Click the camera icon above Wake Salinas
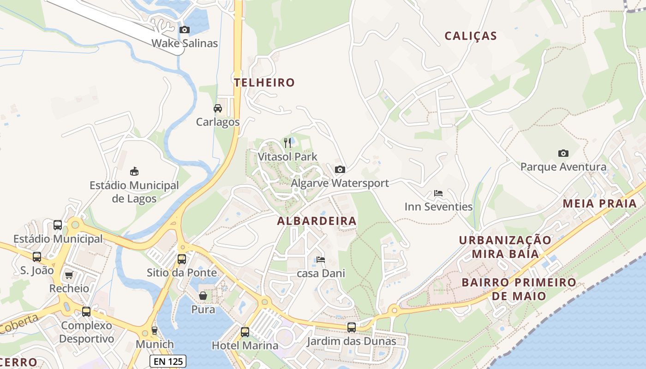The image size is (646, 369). coord(185,30)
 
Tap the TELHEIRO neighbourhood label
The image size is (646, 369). coord(264,83)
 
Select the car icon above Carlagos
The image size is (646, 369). coord(217,108)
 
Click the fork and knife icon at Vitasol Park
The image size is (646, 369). coord(287,143)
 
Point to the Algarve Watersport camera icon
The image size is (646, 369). coord(340,169)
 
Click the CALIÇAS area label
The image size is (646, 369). coord(471,36)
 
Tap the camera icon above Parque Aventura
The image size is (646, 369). coord(563,153)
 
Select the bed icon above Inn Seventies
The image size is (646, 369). coord(438,193)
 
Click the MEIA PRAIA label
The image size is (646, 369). coord(599,203)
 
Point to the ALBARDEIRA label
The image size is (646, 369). coord(317,221)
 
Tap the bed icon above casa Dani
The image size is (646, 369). coord(320,260)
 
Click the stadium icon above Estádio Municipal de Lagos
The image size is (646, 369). coord(134,172)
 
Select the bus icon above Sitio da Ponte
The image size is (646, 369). coord(182,259)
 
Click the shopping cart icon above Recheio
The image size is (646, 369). coord(69,275)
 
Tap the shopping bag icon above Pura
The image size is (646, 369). coord(203,295)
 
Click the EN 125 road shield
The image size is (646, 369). coord(168,361)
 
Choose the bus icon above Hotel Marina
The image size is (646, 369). coord(245,332)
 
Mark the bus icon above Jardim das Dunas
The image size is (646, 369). coord(352,327)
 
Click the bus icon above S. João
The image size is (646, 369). coord(37,257)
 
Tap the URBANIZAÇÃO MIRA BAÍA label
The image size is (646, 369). coord(505,247)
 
